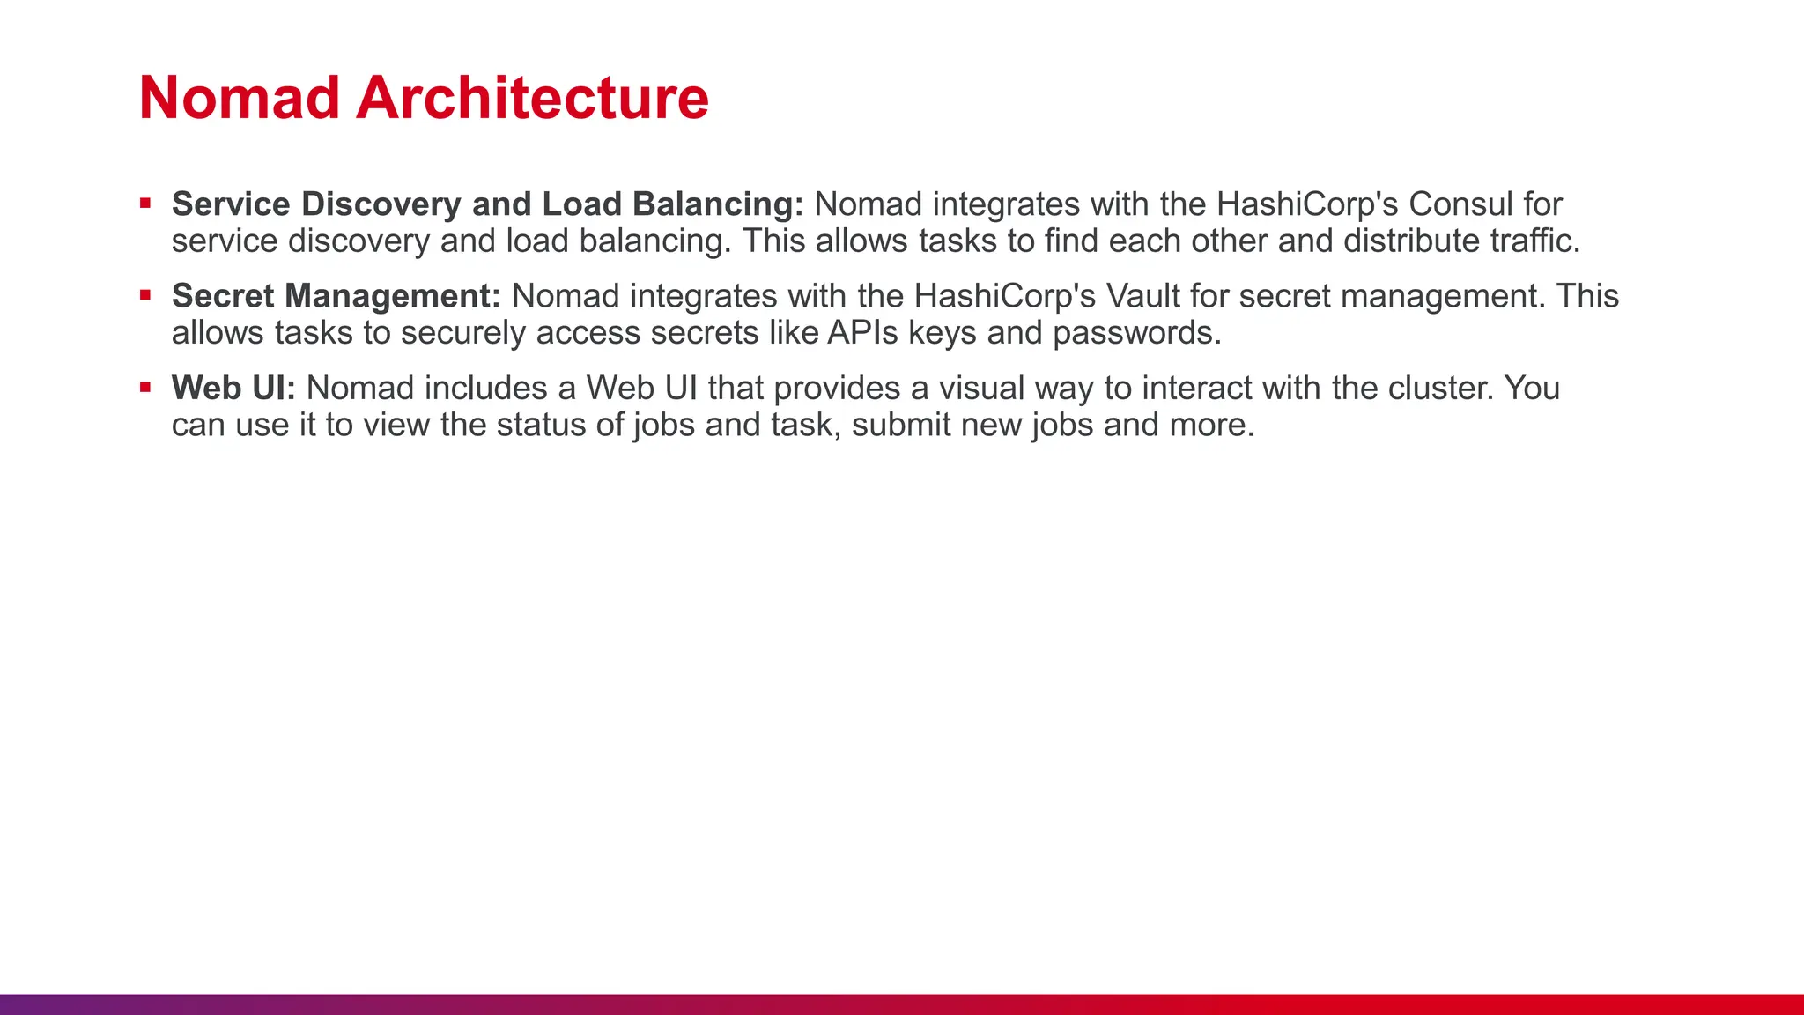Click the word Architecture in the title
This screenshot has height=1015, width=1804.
coord(532,98)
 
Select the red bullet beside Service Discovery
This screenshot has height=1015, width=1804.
coord(145,204)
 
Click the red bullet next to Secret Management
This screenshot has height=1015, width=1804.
coord(145,296)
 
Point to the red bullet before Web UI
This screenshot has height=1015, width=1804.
coord(145,388)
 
